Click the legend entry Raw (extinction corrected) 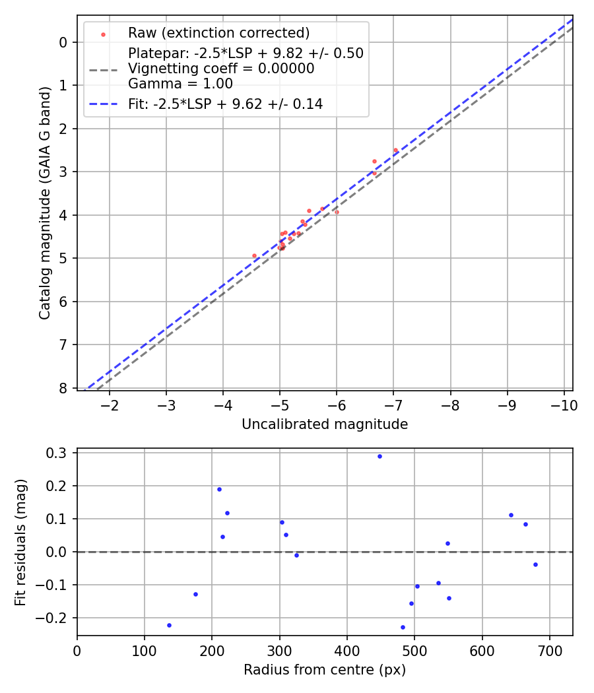(x=218, y=33)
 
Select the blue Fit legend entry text (x=225, y=104)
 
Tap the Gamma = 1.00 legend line (x=180, y=84)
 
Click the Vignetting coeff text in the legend (x=221, y=69)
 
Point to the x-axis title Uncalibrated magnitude (x=325, y=424)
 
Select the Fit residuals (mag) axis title (x=20, y=542)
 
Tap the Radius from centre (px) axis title (x=325, y=670)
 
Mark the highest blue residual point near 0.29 (x=379, y=456)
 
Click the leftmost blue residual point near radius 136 (x=169, y=625)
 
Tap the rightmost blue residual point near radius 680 (x=535, y=564)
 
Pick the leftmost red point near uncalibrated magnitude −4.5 (x=254, y=255)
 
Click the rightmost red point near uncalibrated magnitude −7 (x=396, y=150)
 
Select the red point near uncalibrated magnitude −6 (x=337, y=212)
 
